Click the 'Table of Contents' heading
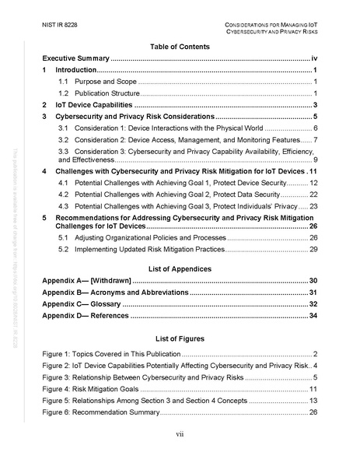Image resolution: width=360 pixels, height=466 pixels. click(180, 47)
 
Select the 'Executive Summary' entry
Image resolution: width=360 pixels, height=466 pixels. click(76, 59)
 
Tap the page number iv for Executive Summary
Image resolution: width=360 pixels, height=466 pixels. click(313, 59)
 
